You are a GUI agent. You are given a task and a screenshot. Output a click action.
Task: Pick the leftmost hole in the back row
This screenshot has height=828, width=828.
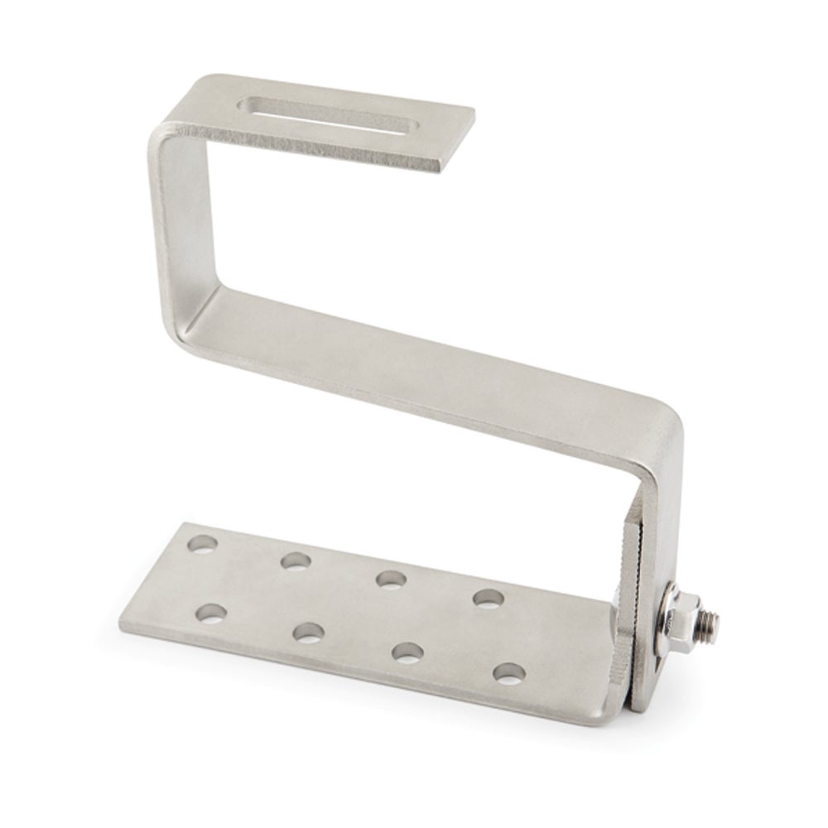pyautogui.click(x=203, y=545)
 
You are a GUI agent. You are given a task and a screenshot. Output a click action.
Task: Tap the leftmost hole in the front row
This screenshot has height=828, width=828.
pyautogui.click(x=211, y=614)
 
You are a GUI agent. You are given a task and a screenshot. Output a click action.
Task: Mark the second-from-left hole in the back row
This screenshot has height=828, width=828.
pyautogui.click(x=294, y=561)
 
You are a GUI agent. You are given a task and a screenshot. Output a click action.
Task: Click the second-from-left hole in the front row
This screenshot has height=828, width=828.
pyautogui.click(x=307, y=633)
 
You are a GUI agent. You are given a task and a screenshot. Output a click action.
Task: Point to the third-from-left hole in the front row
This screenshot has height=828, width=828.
pyautogui.click(x=405, y=652)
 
